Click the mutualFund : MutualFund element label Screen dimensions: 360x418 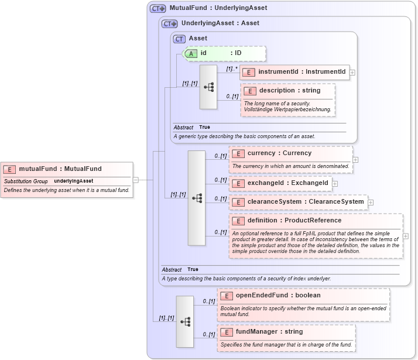[x=60, y=169]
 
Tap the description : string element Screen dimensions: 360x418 [x=289, y=91]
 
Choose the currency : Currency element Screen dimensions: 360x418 [x=279, y=153]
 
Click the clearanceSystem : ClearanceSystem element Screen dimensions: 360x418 [x=298, y=202]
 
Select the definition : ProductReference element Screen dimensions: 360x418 [x=294, y=221]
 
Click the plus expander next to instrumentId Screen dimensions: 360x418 [x=352, y=73]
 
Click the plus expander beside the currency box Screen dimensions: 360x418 [x=355, y=159]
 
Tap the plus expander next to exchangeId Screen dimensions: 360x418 [x=335, y=184]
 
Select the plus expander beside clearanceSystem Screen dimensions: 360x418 [x=371, y=203]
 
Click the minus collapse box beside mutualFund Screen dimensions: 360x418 [x=136, y=180]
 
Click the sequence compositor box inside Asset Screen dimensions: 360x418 [x=208, y=87]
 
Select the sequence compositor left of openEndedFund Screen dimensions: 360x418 [x=185, y=321]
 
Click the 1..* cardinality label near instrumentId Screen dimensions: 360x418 [x=231, y=68]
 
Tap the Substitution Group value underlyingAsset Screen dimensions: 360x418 [x=74, y=181]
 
